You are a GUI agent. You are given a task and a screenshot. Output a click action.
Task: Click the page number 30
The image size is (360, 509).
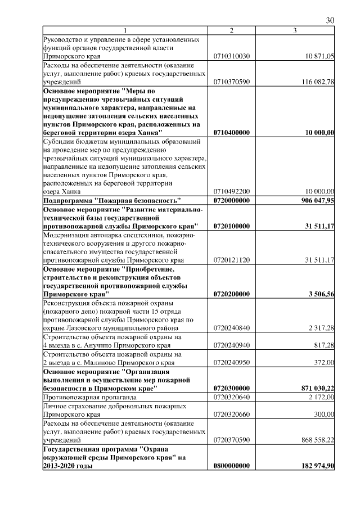pyautogui.click(x=330, y=20)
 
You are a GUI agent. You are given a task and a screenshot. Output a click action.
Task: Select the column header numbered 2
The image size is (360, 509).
pyautogui.click(x=232, y=30)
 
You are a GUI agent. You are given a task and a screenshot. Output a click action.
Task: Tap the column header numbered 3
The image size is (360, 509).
pyautogui.click(x=295, y=30)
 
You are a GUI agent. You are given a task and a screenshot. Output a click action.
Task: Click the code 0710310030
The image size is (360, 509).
pyautogui.click(x=232, y=56)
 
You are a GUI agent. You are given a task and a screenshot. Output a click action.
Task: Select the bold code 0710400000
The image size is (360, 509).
pyautogui.click(x=232, y=132)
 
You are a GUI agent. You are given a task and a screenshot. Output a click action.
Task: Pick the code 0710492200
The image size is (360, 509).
pyautogui.click(x=232, y=191)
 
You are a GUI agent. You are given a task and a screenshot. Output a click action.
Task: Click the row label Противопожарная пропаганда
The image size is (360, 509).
pyautogui.click(x=89, y=397)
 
